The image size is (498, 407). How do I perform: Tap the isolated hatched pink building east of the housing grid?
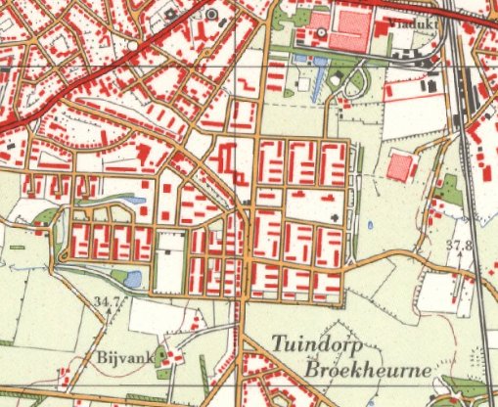398,165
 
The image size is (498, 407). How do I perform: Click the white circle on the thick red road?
131,45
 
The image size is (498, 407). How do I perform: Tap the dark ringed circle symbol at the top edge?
211,15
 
